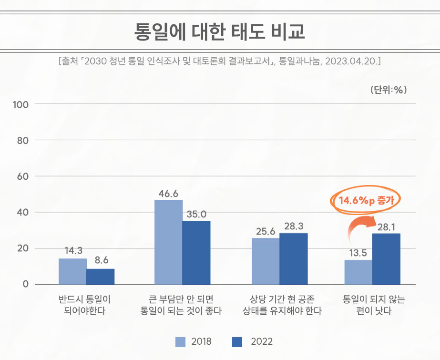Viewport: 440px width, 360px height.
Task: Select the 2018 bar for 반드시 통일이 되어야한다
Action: tap(72, 271)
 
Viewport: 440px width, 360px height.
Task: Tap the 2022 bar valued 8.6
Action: tap(101, 277)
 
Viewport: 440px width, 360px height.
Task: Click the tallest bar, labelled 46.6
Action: tap(169, 242)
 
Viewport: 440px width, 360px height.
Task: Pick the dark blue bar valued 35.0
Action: tap(196, 252)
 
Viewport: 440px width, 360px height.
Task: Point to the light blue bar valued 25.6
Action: tap(265, 261)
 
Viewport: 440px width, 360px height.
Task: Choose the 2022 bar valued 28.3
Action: tap(293, 258)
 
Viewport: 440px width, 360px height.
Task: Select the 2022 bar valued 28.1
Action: tap(387, 259)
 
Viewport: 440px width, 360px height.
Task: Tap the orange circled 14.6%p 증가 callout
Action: tap(366, 200)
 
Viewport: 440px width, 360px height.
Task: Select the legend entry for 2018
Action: tap(193, 342)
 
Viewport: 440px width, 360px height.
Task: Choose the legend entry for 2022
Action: tap(253, 342)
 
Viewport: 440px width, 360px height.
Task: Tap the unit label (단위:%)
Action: tap(388, 89)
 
